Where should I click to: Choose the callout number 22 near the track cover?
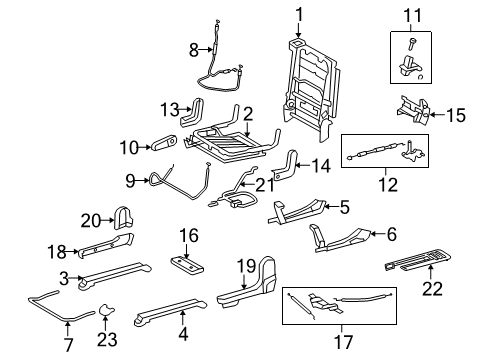pyautogui.click(x=432, y=289)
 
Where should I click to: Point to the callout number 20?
pyautogui.click(x=90, y=220)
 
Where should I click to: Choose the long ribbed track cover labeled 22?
pyautogui.click(x=425, y=266)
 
